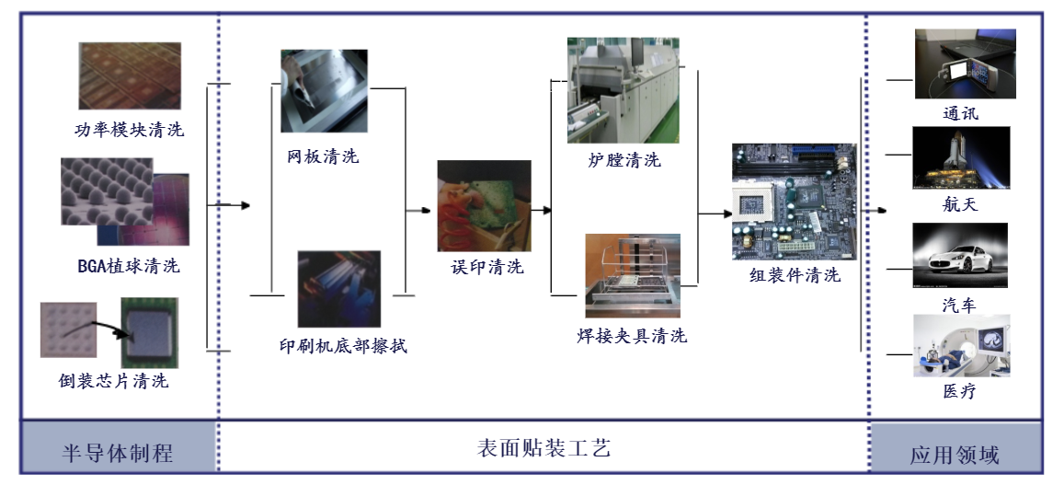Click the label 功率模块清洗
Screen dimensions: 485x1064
(129, 130)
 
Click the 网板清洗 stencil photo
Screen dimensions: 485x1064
(324, 91)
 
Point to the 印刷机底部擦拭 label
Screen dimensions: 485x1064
(343, 347)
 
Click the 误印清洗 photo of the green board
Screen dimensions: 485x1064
(484, 205)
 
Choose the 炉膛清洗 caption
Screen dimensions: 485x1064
(624, 160)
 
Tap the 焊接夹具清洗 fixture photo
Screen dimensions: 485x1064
(633, 276)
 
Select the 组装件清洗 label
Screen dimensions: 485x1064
(795, 275)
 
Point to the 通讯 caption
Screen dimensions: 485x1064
(961, 114)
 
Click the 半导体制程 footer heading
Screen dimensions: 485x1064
(117, 453)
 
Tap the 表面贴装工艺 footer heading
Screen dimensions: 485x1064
(543, 449)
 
